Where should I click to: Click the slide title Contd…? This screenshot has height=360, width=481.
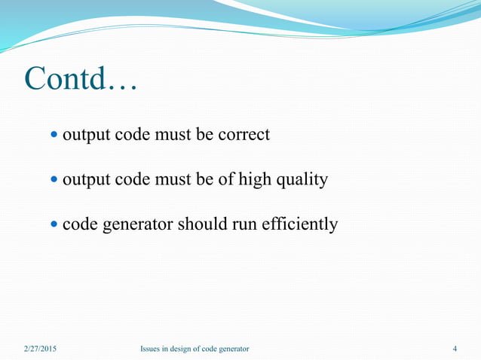point(80,80)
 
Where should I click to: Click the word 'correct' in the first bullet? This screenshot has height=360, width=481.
point(244,136)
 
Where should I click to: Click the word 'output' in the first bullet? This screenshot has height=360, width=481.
point(84,136)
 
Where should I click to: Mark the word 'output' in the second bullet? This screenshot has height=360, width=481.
point(84,181)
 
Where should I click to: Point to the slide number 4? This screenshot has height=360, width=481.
point(455,349)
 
